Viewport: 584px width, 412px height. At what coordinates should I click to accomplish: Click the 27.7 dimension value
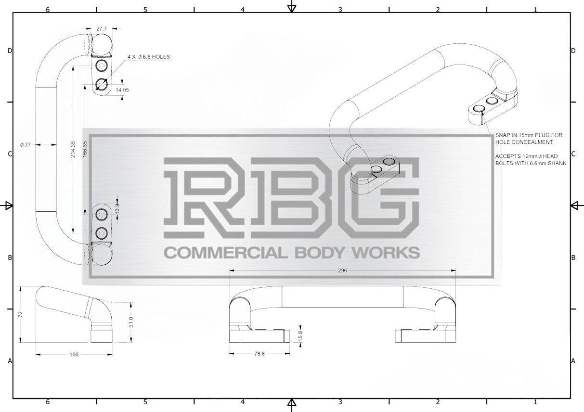pyautogui.click(x=102, y=29)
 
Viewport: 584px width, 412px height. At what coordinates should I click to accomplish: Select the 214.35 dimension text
pyautogui.click(x=73, y=149)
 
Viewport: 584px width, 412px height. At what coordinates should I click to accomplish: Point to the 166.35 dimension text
pyautogui.click(x=85, y=149)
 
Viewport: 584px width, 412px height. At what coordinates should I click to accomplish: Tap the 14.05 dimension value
pyautogui.click(x=122, y=90)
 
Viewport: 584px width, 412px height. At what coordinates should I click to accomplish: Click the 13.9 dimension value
pyautogui.click(x=117, y=208)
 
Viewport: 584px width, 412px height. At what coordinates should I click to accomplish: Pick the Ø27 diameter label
pyautogui.click(x=26, y=144)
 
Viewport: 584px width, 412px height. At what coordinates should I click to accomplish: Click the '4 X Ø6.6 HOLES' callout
pyautogui.click(x=149, y=57)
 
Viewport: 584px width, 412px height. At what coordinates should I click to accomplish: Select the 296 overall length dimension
pyautogui.click(x=342, y=270)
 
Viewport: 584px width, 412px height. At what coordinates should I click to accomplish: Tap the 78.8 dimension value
pyautogui.click(x=260, y=354)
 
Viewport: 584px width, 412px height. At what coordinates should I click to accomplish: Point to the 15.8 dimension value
pyautogui.click(x=300, y=335)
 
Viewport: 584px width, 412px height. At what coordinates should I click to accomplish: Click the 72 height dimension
pyautogui.click(x=21, y=314)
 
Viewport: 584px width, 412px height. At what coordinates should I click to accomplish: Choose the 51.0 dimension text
pyautogui.click(x=131, y=322)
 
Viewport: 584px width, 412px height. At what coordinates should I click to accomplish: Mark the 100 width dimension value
pyautogui.click(x=74, y=354)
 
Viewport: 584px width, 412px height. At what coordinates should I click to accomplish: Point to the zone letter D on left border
pyautogui.click(x=10, y=51)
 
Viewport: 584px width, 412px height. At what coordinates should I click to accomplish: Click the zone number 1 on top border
pyautogui.click(x=535, y=10)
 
